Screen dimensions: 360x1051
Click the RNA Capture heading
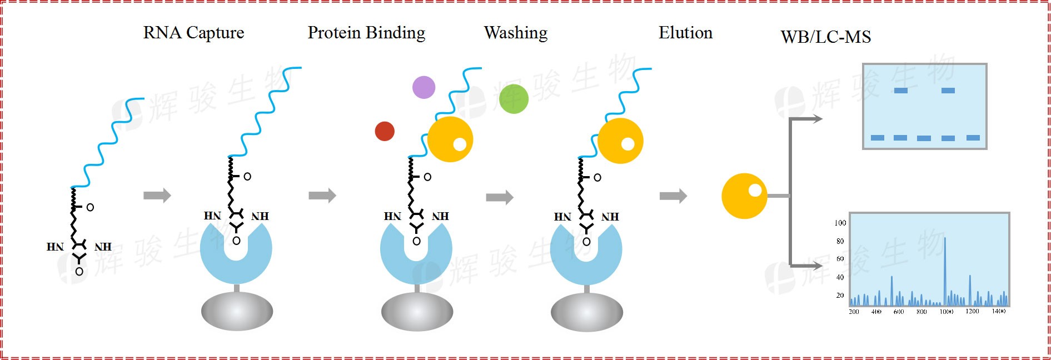coord(193,33)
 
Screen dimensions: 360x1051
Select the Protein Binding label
coord(366,33)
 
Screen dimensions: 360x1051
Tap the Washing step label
coord(515,33)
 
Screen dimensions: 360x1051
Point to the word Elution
coord(685,33)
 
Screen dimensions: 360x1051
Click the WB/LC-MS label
coord(825,37)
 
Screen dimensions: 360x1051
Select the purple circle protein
coord(424,87)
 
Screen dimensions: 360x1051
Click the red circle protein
coord(385,131)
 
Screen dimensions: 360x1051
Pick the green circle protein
coord(514,99)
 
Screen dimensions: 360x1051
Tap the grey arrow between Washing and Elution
coord(673,196)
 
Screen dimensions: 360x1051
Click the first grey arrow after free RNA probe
coord(157,196)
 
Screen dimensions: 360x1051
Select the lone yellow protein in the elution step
coord(744,196)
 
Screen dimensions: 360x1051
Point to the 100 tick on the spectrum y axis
coord(840,223)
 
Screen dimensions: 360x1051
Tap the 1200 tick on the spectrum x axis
coord(972,311)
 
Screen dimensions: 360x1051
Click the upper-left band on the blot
coord(900,91)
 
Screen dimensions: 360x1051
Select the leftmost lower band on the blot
coord(877,138)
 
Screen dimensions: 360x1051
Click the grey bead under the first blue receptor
coord(237,311)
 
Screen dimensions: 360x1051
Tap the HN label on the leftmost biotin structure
coord(55,247)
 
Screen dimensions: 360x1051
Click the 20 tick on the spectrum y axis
coord(840,296)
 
